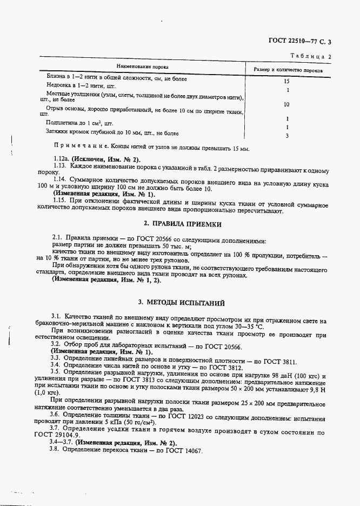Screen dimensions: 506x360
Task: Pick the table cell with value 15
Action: pyautogui.click(x=287, y=81)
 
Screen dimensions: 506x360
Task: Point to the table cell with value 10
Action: pyautogui.click(x=286, y=104)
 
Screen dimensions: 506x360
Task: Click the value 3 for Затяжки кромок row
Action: pyautogui.click(x=287, y=135)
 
